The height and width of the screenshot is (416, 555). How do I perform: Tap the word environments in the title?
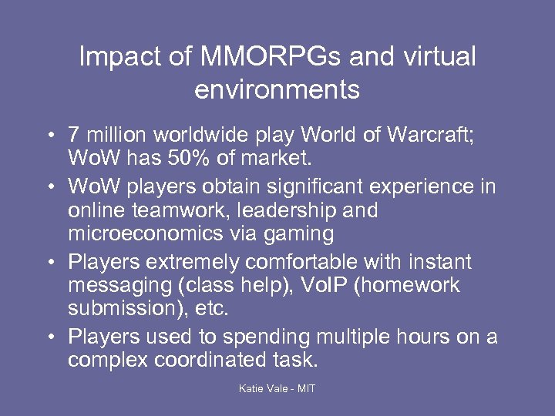click(x=277, y=89)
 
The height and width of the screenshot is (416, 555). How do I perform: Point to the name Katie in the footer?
click(x=253, y=389)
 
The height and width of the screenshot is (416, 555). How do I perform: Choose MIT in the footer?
click(x=305, y=389)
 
